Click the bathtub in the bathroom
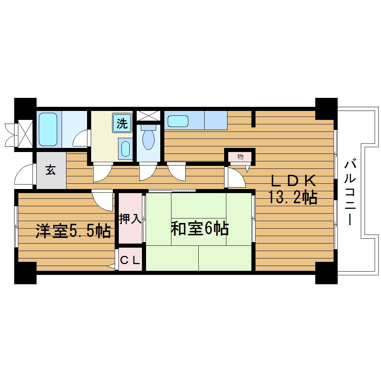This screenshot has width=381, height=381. click(48, 129)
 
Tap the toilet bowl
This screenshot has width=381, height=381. click(148, 139)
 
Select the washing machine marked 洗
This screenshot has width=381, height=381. click(122, 124)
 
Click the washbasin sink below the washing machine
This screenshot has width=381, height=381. click(126, 148)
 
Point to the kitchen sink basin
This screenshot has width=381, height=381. click(178, 121)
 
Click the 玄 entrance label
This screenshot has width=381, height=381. click(51, 170)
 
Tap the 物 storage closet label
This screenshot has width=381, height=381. click(240, 157)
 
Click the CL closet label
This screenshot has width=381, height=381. click(130, 259)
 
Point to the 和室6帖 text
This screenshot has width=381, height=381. click(199, 229)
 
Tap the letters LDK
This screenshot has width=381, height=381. click(294, 181)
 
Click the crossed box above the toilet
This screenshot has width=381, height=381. click(148, 116)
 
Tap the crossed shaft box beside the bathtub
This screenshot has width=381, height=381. click(25, 133)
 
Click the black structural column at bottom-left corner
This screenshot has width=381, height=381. click(25, 273)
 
